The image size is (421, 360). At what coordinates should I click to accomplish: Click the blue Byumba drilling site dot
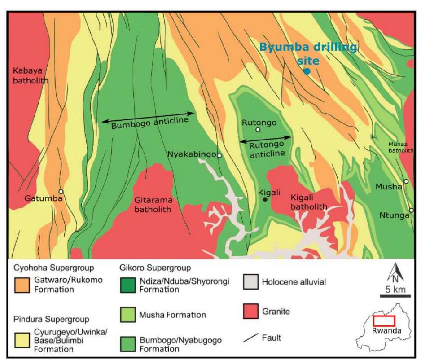click(x=307, y=71)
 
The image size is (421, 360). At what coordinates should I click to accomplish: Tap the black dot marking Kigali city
click(x=265, y=199)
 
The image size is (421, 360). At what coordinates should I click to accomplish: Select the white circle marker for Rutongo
click(x=258, y=130)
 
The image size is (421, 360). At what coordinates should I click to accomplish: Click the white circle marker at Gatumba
click(x=61, y=192)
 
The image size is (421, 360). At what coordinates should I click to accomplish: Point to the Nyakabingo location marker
click(x=219, y=155)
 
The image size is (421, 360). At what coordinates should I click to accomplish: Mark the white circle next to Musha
click(x=406, y=181)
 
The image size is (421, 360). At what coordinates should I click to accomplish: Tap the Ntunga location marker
click(x=412, y=214)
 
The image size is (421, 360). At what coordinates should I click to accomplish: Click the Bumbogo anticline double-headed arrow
click(x=148, y=117)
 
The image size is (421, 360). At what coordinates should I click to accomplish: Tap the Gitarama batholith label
click(x=153, y=205)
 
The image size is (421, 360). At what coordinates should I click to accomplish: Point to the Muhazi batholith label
click(x=401, y=147)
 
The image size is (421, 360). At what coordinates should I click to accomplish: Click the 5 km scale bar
click(x=395, y=296)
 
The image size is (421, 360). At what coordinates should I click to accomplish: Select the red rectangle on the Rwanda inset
click(x=384, y=320)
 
